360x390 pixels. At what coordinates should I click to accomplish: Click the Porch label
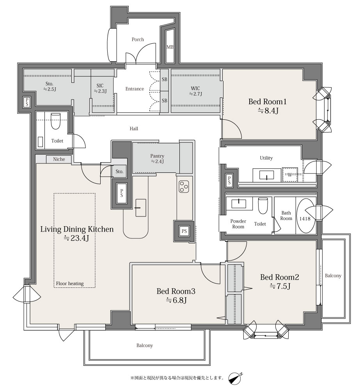(x=138, y=39)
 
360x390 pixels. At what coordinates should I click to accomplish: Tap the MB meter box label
(x=170, y=47)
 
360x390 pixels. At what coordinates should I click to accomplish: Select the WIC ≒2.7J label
(x=195, y=91)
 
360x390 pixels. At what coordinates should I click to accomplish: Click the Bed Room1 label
(x=268, y=101)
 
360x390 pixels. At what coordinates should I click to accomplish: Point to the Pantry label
(x=157, y=156)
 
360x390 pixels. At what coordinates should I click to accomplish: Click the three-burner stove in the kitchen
(x=184, y=186)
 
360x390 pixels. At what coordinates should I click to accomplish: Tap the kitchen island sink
(x=141, y=207)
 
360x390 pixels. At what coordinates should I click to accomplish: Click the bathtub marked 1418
(x=305, y=216)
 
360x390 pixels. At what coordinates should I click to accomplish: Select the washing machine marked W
(x=290, y=175)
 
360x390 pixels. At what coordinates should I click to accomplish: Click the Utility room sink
(x=267, y=175)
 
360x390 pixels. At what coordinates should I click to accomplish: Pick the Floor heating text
(x=70, y=284)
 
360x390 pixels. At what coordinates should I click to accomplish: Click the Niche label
(x=59, y=159)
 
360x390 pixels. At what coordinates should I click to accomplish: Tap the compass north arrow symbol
(x=235, y=378)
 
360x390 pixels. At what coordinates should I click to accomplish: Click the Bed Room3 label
(x=176, y=291)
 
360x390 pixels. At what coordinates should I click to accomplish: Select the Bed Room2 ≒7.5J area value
(x=280, y=286)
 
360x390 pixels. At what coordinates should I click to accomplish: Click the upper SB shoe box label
(x=165, y=80)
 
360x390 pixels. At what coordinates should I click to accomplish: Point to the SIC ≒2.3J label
(x=100, y=88)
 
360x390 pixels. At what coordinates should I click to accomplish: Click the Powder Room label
(x=238, y=224)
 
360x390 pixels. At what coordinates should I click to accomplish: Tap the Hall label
(x=134, y=129)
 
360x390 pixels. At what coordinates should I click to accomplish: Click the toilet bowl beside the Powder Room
(x=263, y=206)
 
